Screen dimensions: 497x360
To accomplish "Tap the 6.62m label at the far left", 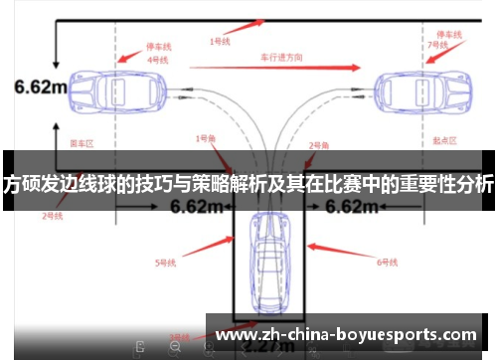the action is pyautogui.click(x=39, y=88).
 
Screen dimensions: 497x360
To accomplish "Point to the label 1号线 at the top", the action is pyautogui.click(x=220, y=42).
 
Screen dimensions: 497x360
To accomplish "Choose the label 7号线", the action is pyautogui.click(x=436, y=45).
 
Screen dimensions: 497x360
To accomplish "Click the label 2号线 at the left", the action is pyautogui.click(x=52, y=214).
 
